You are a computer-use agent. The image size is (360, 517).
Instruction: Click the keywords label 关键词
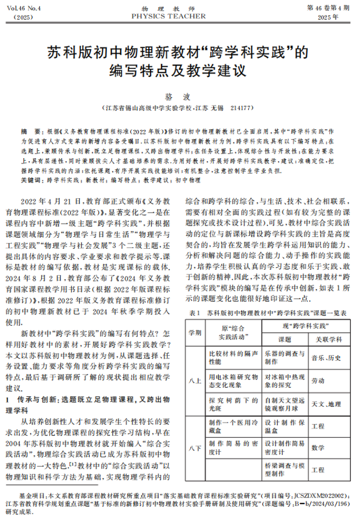pos(31,181)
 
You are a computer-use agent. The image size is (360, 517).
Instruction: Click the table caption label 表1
pos(195,314)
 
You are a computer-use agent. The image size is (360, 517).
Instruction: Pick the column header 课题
pos(285,340)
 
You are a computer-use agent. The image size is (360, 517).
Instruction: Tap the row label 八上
pos(195,380)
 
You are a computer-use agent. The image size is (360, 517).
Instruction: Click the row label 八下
pos(195,447)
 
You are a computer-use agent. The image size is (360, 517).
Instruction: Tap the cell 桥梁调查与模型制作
pos(285,469)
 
